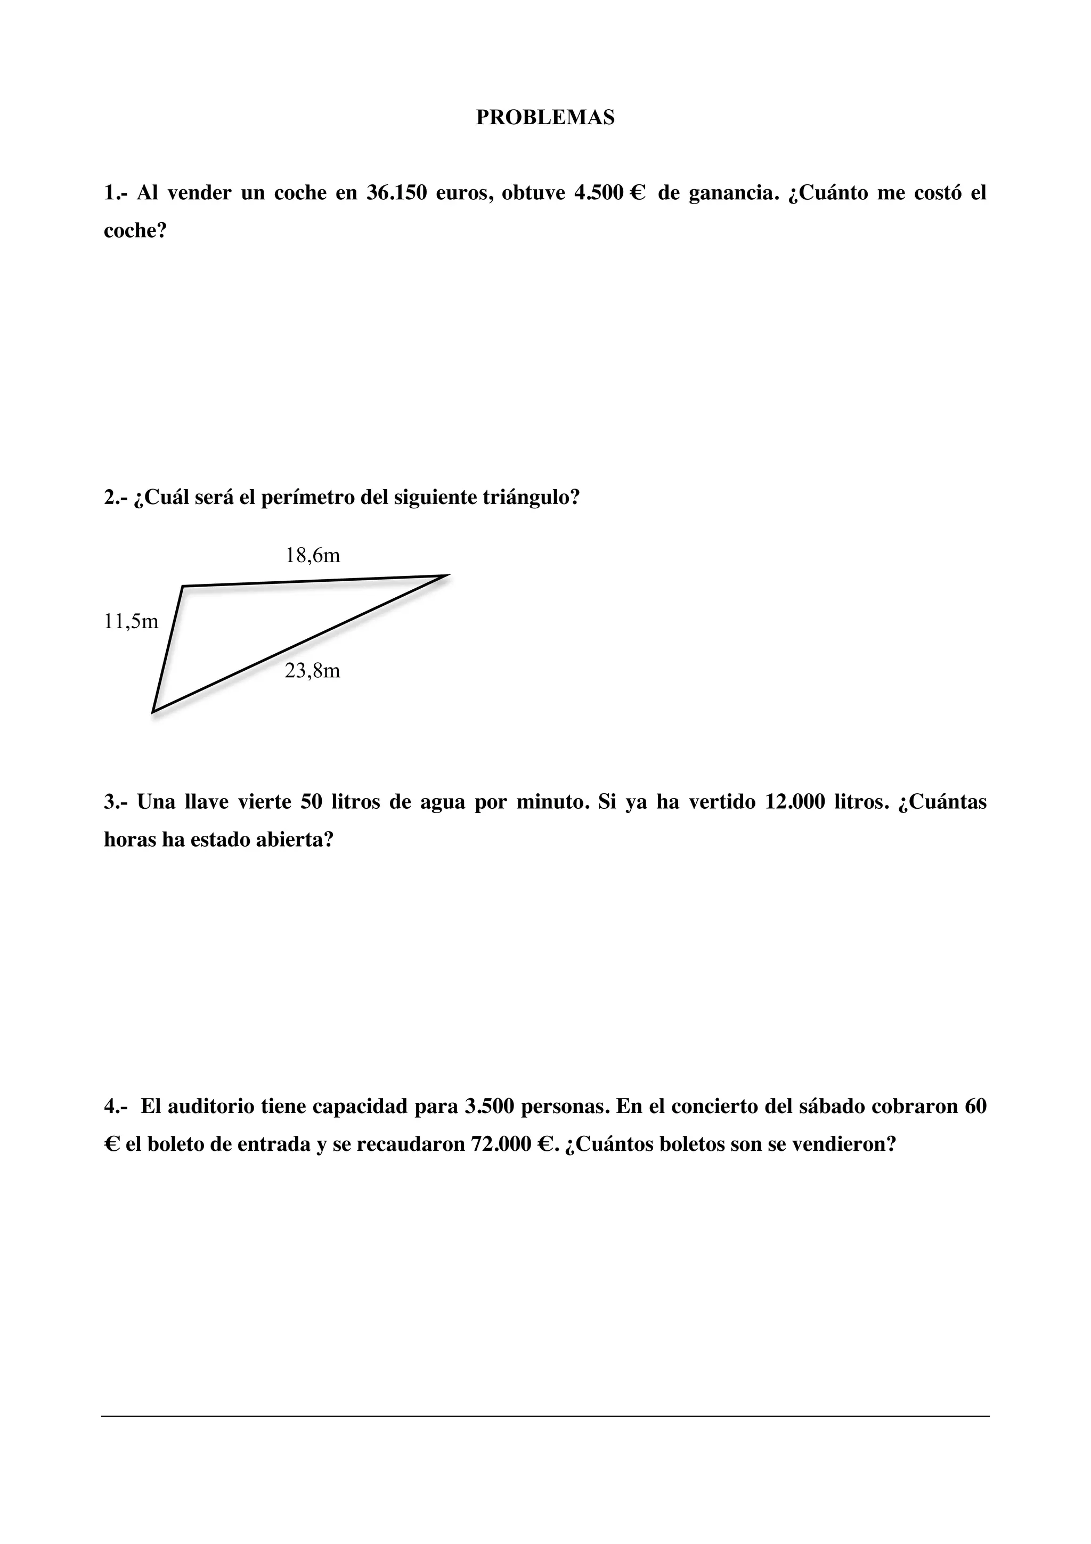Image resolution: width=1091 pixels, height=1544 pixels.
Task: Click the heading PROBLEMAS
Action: point(545,118)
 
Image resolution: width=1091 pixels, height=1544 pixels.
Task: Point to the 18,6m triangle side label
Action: point(313,556)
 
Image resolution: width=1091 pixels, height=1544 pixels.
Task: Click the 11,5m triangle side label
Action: point(131,621)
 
